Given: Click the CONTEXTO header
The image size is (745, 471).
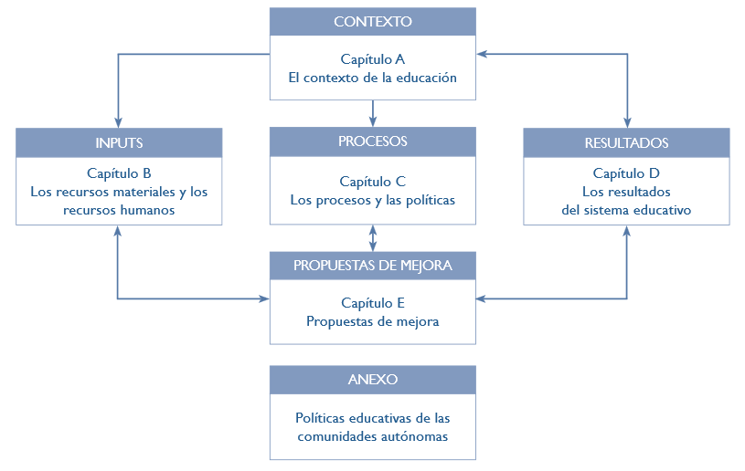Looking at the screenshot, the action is [373, 21].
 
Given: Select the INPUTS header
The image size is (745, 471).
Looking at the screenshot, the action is [119, 142].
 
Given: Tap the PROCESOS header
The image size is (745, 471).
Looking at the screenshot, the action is [373, 141].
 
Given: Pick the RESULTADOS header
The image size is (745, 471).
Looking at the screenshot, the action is [626, 142].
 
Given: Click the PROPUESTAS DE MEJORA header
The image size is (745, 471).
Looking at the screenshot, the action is [373, 266].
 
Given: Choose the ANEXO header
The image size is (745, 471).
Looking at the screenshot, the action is [373, 380].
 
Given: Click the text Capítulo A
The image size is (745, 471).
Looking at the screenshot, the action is [373, 59].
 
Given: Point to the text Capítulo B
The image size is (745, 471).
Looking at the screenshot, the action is [119, 173].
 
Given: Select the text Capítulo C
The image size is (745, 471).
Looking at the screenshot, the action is [373, 182].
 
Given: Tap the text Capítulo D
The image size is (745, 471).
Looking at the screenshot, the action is [626, 173].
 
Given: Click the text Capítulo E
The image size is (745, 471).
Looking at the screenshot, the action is [373, 303].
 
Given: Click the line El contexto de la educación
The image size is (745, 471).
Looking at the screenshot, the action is [373, 78].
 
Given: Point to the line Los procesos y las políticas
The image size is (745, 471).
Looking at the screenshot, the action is [373, 200].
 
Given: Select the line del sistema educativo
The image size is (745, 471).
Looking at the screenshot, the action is [626, 210].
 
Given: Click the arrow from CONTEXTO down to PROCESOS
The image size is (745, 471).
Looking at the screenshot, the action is [373, 113].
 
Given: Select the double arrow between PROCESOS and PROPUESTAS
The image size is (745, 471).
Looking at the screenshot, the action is [373, 238].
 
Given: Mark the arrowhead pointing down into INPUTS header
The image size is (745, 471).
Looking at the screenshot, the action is [118, 122].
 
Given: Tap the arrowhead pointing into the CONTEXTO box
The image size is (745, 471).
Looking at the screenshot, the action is [482, 54].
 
